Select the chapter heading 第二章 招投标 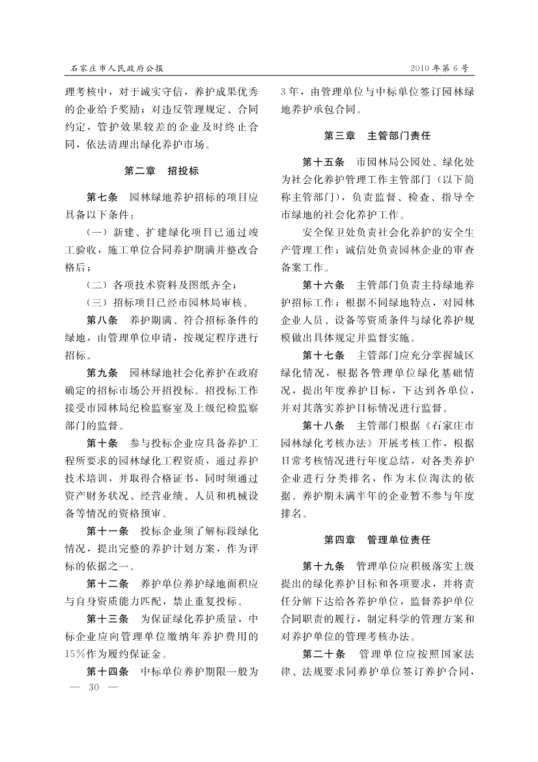point(162,171)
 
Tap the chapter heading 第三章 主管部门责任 point(377,136)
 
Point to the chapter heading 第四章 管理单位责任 point(377,540)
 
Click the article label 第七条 point(102,196)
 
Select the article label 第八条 point(102,320)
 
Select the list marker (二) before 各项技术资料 point(97,284)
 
